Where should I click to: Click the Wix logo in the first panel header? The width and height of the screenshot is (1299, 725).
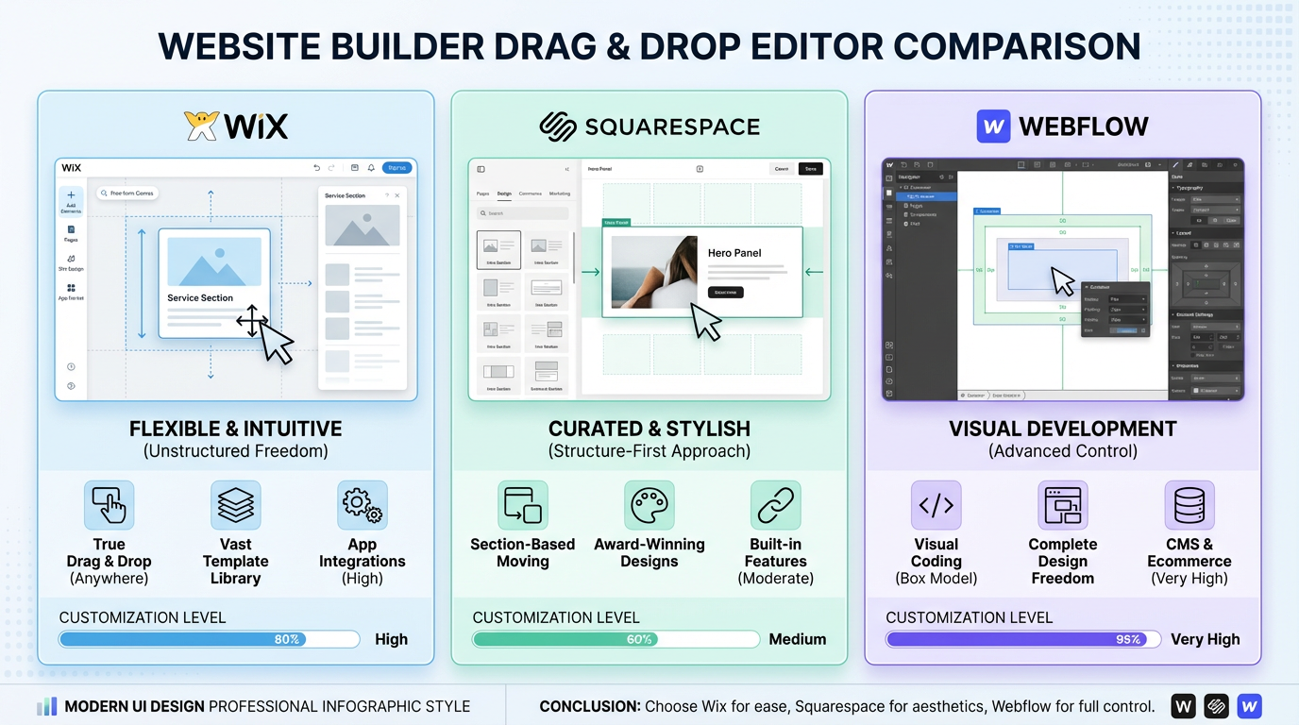pyautogui.click(x=236, y=126)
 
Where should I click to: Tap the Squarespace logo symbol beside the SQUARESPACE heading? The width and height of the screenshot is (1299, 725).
pyautogui.click(x=557, y=126)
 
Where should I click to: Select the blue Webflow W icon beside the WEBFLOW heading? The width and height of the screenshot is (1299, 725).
pyautogui.click(x=993, y=126)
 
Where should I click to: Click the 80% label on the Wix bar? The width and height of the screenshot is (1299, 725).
pyautogui.click(x=287, y=639)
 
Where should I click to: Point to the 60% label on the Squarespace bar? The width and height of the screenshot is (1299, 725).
pyautogui.click(x=639, y=639)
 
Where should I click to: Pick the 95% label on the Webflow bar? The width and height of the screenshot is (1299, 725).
pyautogui.click(x=1128, y=639)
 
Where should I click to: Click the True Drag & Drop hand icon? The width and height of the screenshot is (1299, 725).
pyautogui.click(x=109, y=505)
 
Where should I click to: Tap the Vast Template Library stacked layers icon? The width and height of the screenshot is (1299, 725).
pyautogui.click(x=235, y=505)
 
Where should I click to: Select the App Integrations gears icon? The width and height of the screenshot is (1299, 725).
pyautogui.click(x=362, y=505)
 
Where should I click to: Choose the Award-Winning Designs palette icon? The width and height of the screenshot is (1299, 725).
pyautogui.click(x=649, y=505)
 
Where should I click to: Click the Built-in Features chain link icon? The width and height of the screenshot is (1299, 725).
pyautogui.click(x=776, y=505)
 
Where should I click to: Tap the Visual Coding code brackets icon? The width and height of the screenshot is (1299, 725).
pyautogui.click(x=936, y=505)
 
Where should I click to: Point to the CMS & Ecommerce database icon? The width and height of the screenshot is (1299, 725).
pyautogui.click(x=1189, y=505)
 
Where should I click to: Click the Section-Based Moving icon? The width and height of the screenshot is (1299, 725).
pyautogui.click(x=523, y=505)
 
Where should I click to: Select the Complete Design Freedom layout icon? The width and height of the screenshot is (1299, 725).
pyautogui.click(x=1062, y=505)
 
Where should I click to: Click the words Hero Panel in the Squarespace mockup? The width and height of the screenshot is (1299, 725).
pyautogui.click(x=734, y=253)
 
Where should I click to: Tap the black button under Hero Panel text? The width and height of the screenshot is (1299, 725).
pyautogui.click(x=726, y=293)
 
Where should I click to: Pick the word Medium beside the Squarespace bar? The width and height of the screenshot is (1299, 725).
pyautogui.click(x=798, y=639)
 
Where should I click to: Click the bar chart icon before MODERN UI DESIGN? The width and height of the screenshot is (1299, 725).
pyautogui.click(x=47, y=706)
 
